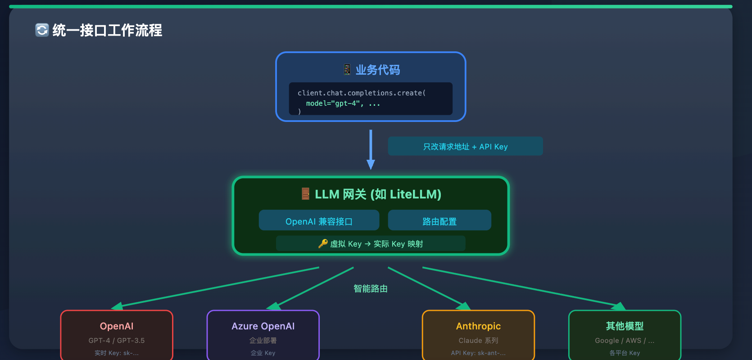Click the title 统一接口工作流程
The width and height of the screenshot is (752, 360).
107,30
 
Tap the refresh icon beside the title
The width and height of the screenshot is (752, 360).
42,30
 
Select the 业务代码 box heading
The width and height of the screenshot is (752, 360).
377,70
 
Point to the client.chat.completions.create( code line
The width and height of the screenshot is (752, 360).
362,93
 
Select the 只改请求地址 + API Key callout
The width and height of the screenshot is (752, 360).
465,146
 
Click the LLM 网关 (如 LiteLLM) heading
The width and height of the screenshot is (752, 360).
378,194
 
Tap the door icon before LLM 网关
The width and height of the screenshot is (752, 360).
305,194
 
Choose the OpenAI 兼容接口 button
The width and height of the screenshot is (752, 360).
319,221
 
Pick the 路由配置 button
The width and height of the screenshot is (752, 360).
439,221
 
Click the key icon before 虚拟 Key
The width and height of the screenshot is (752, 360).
323,243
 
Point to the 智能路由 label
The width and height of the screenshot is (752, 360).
371,288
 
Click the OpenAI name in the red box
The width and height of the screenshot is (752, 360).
117,326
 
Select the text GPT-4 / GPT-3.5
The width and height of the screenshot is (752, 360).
117,341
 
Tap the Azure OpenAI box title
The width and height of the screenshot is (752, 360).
263,326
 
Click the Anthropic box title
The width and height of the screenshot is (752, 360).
478,326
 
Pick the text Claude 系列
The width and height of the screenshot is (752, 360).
478,341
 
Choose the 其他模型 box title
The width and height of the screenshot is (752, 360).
625,326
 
